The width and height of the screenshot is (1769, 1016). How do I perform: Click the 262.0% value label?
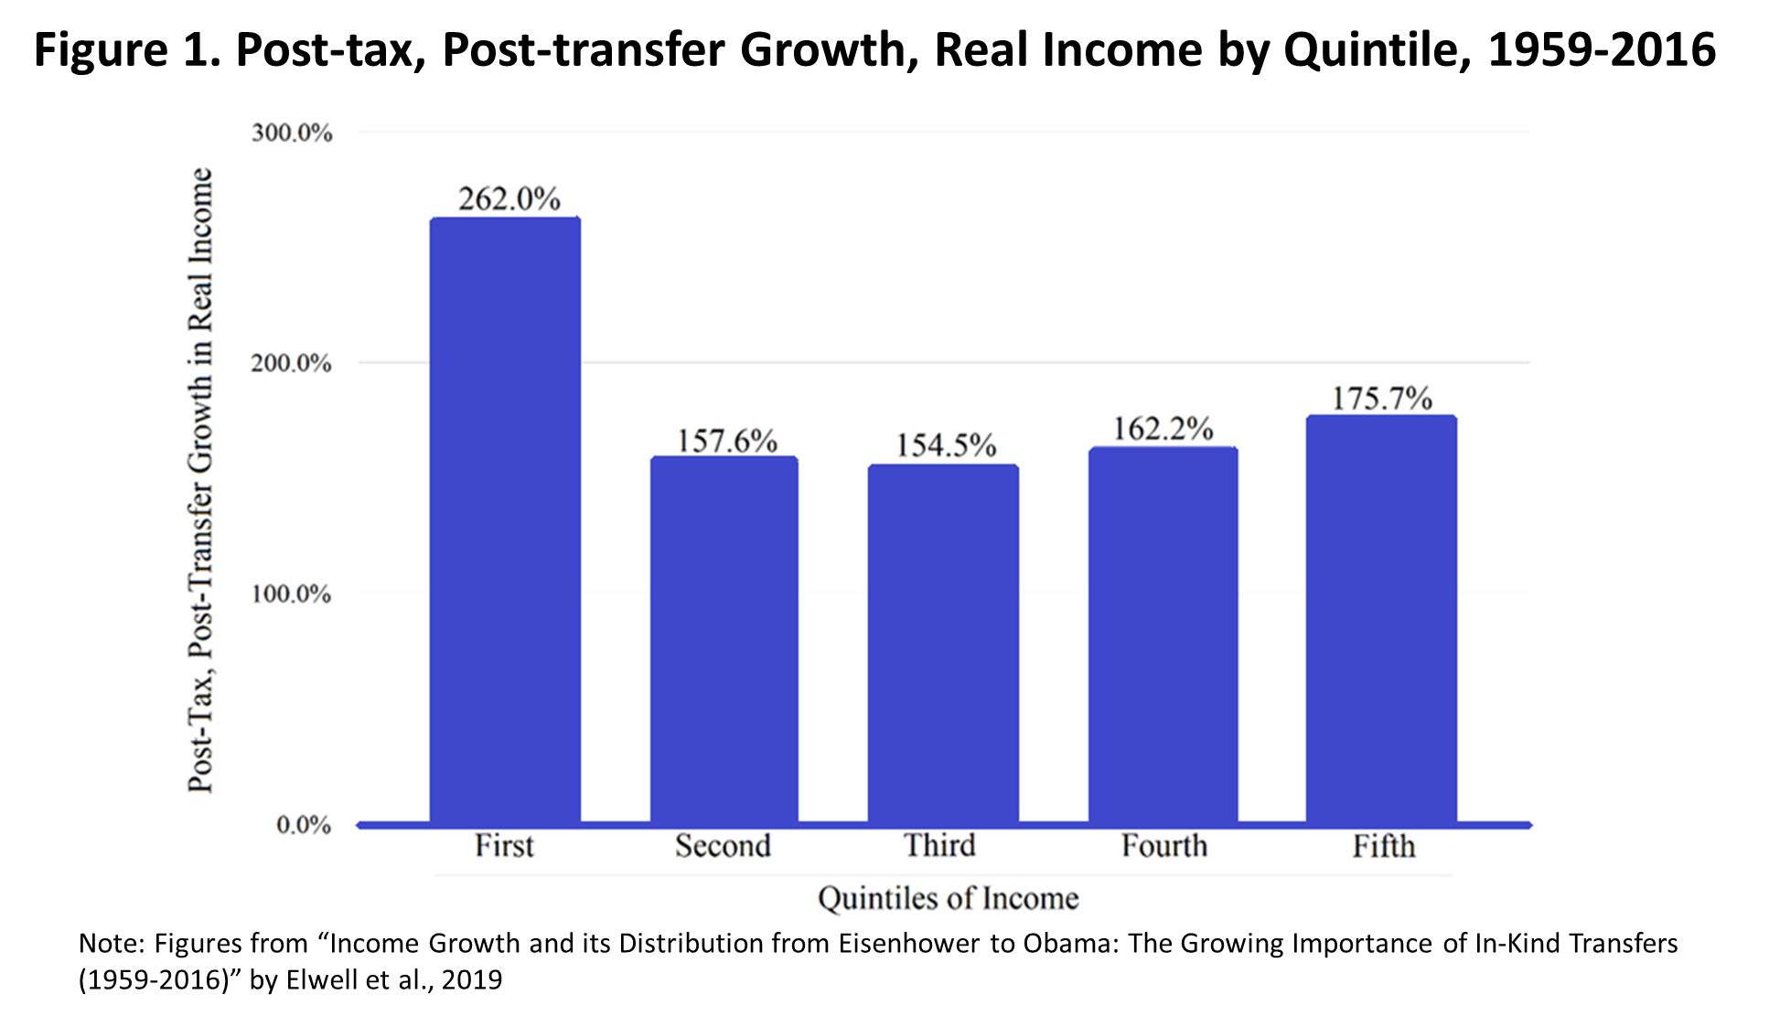pyautogui.click(x=509, y=198)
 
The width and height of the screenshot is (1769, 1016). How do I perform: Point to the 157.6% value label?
pyautogui.click(x=726, y=441)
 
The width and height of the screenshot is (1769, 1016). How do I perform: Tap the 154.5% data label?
pyautogui.click(x=945, y=445)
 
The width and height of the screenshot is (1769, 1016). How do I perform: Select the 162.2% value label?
pyautogui.click(x=1163, y=429)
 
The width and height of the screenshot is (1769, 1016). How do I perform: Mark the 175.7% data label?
pyautogui.click(x=1381, y=399)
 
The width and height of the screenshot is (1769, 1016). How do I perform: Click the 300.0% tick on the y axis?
pyautogui.click(x=292, y=133)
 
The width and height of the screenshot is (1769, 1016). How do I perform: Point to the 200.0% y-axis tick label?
pyautogui.click(x=292, y=363)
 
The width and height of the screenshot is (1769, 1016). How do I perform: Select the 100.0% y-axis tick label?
pyautogui.click(x=292, y=594)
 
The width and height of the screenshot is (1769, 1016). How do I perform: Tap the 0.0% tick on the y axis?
pyautogui.click(x=303, y=825)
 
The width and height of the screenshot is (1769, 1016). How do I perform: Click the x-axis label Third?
pyautogui.click(x=939, y=845)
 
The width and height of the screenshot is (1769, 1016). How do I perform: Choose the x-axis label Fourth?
pyautogui.click(x=1163, y=845)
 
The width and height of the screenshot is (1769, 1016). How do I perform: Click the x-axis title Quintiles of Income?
pyautogui.click(x=948, y=898)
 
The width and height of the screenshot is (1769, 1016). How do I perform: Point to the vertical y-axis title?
pyautogui.click(x=200, y=480)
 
